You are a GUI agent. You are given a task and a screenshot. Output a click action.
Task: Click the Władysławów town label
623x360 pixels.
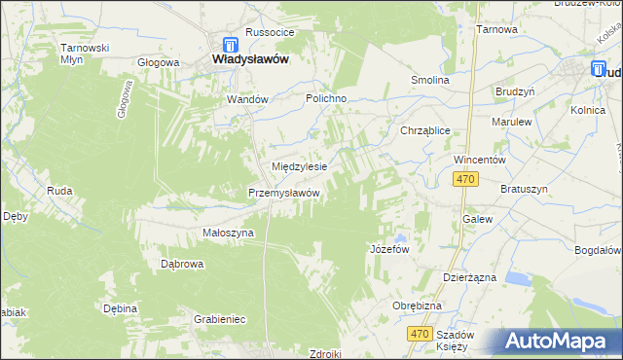(x=250, y=59)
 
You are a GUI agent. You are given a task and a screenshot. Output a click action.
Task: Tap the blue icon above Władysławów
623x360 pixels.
(x=230, y=44)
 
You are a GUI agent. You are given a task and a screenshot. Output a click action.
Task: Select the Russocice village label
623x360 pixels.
(x=270, y=32)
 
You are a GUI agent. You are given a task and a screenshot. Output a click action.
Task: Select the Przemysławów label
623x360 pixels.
(x=284, y=193)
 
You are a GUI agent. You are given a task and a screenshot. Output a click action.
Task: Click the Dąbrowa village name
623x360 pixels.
(x=182, y=264)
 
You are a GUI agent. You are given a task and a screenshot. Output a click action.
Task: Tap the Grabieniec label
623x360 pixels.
(x=219, y=319)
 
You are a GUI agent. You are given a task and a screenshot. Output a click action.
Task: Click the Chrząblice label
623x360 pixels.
(x=424, y=130)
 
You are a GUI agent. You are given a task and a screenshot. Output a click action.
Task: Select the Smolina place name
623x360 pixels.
(x=430, y=80)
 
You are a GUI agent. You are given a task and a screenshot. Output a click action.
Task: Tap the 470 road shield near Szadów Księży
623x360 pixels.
(x=419, y=334)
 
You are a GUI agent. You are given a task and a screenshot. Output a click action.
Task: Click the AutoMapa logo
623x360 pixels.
(x=559, y=342)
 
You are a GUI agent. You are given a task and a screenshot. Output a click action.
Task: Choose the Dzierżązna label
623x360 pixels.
(x=469, y=277)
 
